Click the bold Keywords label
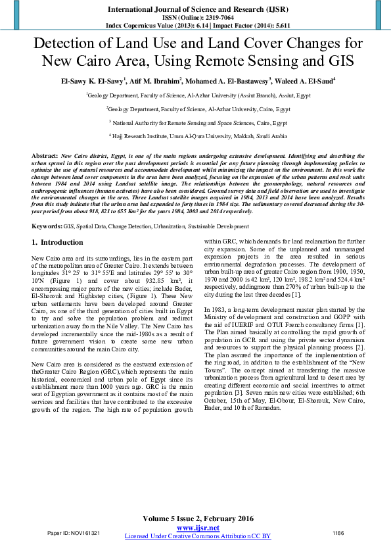point(47,226)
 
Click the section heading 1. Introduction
point(57,243)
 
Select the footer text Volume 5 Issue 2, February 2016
point(198,518)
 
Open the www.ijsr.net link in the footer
point(198,528)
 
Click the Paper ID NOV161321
point(74,533)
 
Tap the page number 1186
point(338,533)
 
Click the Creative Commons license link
point(198,536)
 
